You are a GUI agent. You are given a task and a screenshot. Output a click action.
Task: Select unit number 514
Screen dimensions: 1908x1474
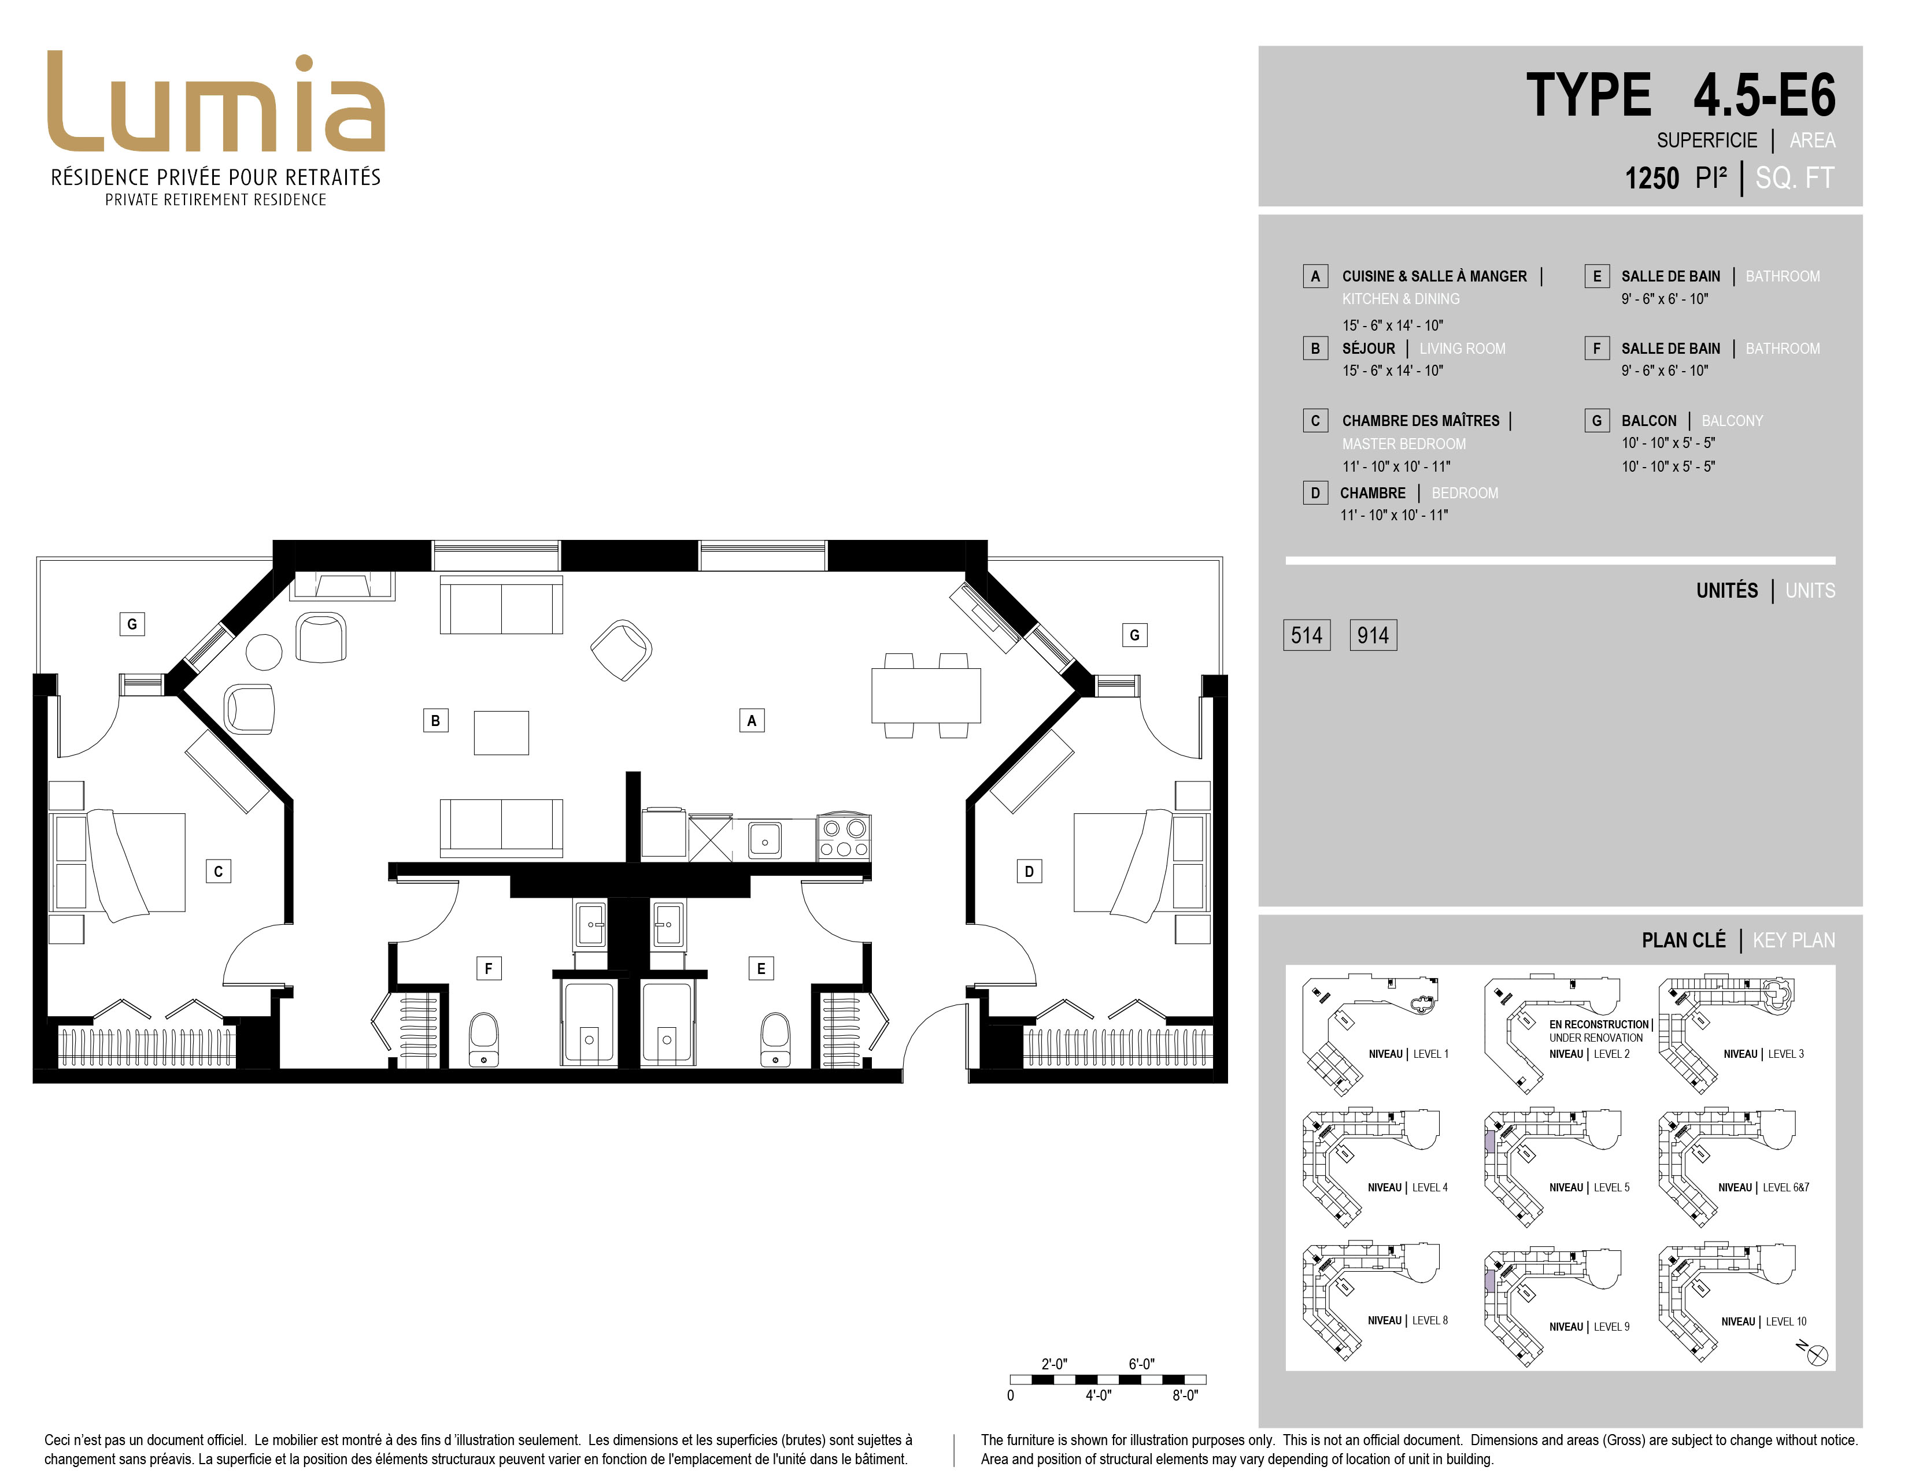tap(1306, 635)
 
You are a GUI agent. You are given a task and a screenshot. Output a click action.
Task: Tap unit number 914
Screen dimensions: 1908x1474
tap(1373, 635)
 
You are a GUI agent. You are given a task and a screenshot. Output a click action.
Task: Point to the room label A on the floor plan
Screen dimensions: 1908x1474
tap(751, 720)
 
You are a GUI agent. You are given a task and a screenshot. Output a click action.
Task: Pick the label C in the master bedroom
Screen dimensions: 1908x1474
tap(219, 871)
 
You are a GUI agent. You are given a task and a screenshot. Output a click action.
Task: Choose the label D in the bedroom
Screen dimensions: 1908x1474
tap(1029, 871)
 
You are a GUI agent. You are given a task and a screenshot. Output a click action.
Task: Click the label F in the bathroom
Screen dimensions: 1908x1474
tap(489, 968)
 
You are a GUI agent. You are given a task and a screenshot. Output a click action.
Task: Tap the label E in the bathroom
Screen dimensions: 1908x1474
tap(761, 968)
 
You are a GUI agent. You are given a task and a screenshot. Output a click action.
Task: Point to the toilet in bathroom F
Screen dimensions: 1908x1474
tap(484, 1039)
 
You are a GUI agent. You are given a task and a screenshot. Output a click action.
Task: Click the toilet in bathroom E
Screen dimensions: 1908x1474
tap(775, 1039)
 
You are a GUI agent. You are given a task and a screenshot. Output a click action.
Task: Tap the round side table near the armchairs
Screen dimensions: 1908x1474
tap(264, 651)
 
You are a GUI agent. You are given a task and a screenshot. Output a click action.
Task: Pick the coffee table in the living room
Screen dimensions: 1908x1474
tap(501, 732)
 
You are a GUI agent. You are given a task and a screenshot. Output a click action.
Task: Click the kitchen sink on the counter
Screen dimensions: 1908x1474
tap(766, 839)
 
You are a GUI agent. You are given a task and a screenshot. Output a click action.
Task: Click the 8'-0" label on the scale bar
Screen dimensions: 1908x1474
tap(1185, 1395)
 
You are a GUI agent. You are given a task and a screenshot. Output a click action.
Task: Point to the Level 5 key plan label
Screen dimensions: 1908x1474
tap(1589, 1188)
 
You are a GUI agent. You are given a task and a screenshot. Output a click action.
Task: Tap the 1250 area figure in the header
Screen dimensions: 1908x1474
tap(1651, 178)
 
